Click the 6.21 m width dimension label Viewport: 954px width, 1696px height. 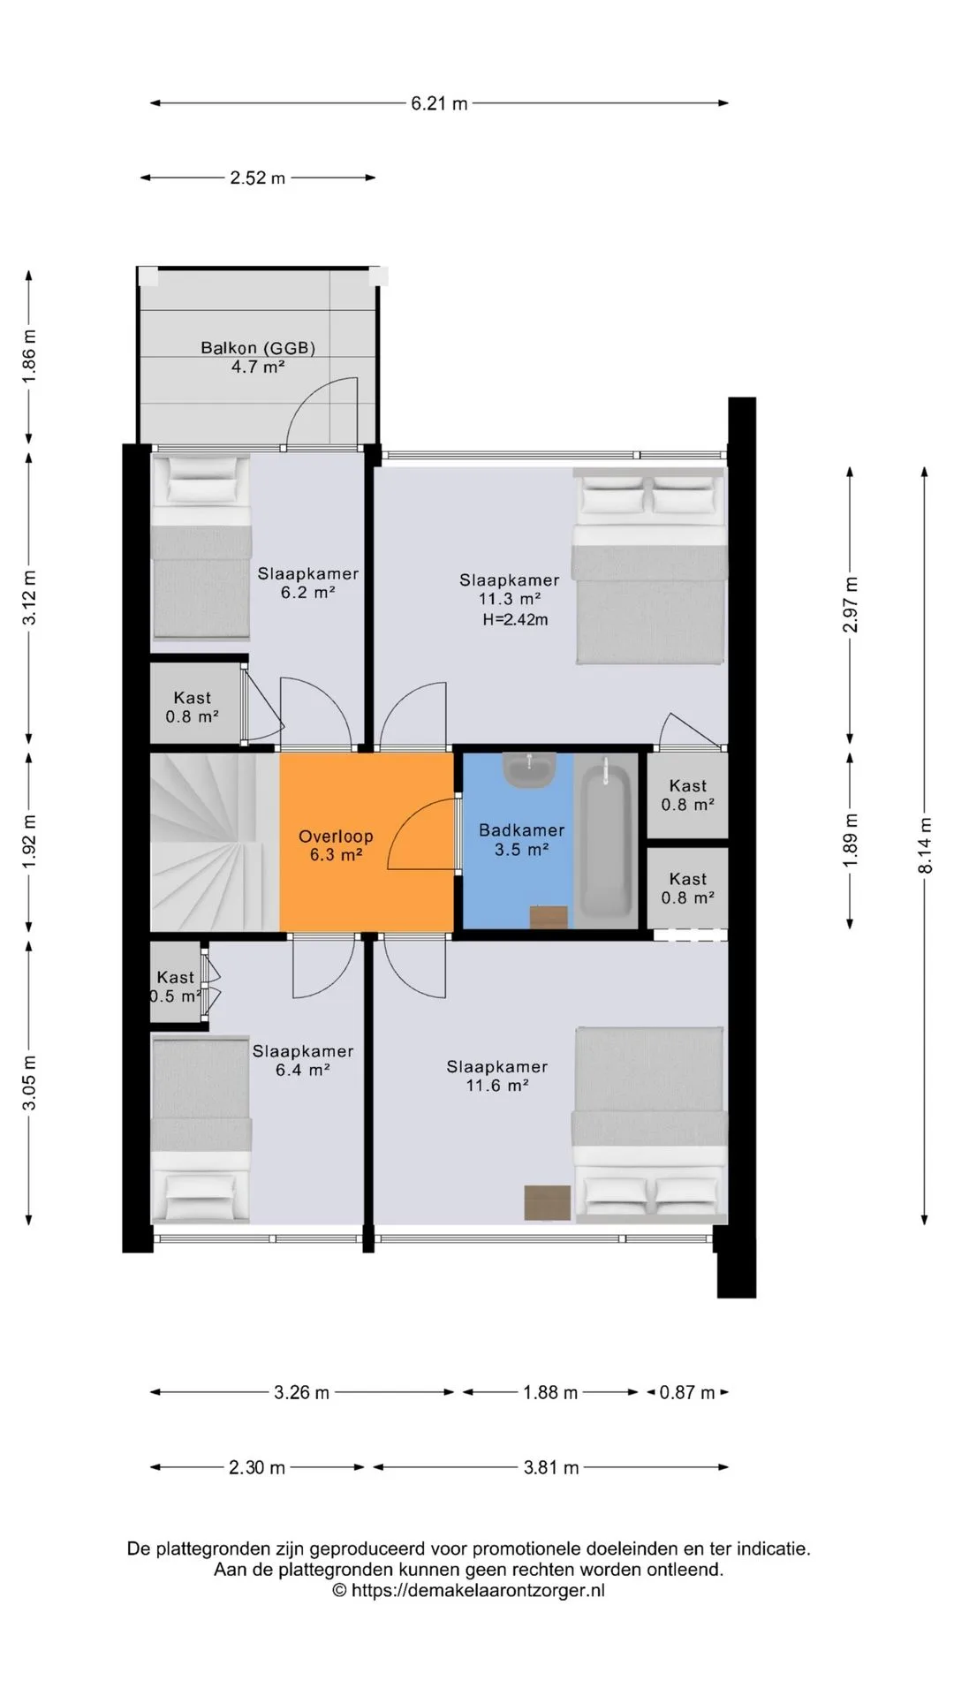point(439,103)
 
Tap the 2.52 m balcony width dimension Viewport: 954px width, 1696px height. point(258,178)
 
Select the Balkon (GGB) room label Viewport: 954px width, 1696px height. point(258,357)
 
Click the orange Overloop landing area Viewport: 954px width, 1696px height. point(366,841)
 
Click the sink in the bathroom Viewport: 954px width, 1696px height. point(528,769)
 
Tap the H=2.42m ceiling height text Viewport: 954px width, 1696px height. point(515,620)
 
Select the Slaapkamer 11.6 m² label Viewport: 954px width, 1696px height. point(497,1076)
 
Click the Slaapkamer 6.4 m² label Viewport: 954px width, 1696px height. point(303,1060)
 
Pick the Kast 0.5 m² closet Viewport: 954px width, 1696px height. point(176,983)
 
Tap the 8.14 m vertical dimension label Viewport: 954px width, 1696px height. point(925,845)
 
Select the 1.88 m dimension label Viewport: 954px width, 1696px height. point(550,1393)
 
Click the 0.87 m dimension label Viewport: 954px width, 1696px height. point(687,1393)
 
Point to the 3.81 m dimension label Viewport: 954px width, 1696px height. point(551,1468)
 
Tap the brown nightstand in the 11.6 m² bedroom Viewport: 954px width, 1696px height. point(548,1202)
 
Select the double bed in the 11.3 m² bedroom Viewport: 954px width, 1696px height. point(649,565)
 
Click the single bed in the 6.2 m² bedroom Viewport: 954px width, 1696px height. point(201,547)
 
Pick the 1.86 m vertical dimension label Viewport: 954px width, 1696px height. point(29,356)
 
